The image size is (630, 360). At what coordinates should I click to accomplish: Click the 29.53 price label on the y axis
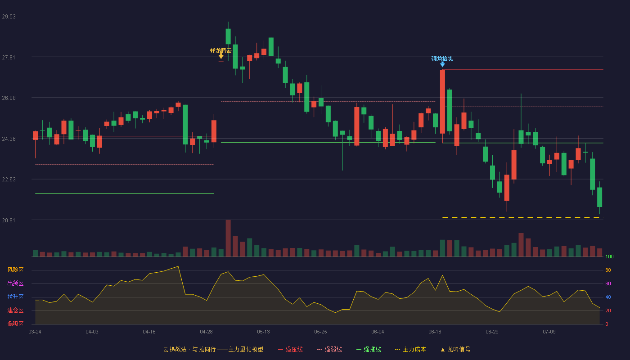[x=9, y=17]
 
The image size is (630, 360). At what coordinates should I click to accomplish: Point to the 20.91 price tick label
[x=9, y=220]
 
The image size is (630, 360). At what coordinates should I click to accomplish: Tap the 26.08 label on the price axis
[x=9, y=98]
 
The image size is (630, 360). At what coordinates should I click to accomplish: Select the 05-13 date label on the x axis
[x=263, y=332]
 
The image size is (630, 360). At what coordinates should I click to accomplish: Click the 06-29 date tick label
[x=492, y=332]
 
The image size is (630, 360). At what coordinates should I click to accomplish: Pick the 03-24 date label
[x=35, y=332]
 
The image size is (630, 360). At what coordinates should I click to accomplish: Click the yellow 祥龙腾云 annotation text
[x=221, y=50]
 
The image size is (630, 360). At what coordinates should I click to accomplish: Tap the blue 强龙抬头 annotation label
[x=442, y=58]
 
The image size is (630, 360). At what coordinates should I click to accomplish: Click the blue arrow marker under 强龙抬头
[x=442, y=65]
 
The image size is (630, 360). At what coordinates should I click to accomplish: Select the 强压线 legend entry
[x=290, y=349]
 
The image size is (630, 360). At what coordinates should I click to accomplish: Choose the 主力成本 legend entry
[x=410, y=349]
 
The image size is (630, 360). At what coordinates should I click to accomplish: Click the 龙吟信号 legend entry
[x=455, y=349]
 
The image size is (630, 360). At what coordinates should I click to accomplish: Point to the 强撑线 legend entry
[x=369, y=349]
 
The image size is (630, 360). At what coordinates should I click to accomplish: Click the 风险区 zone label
[x=15, y=270]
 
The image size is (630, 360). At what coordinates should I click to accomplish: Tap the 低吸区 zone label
[x=15, y=324]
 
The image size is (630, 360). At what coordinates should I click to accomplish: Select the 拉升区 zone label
[x=15, y=297]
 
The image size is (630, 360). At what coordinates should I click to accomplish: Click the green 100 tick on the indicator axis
[x=609, y=256]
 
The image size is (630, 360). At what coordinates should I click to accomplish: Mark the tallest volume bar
[x=228, y=238]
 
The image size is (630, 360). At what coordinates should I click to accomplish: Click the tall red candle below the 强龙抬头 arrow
[x=442, y=102]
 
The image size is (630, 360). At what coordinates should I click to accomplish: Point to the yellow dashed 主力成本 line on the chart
[x=521, y=217]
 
